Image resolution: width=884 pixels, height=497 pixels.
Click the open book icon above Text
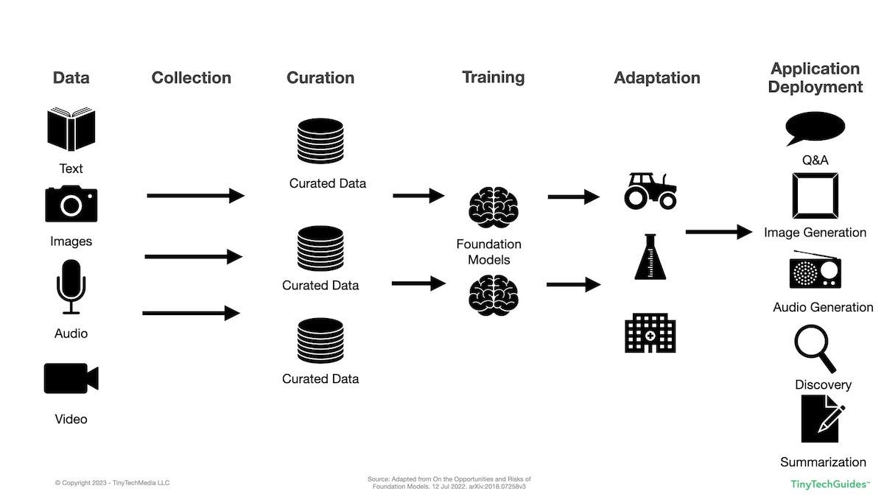[x=71, y=130]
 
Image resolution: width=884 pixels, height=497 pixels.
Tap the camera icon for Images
[x=71, y=203]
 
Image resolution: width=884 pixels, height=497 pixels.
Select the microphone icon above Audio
[x=71, y=286]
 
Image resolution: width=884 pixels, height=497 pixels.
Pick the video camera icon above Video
[x=71, y=378]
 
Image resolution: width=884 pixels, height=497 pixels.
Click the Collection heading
[x=191, y=77]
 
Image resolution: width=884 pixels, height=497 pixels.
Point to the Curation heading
[x=320, y=77]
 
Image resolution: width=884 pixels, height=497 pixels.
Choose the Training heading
[x=493, y=77]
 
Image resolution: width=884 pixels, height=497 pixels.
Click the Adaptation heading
[x=656, y=77]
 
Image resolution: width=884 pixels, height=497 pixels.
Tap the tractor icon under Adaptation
[x=650, y=191]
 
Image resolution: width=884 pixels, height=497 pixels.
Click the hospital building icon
[x=650, y=332]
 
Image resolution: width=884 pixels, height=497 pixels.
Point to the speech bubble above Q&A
[x=814, y=130]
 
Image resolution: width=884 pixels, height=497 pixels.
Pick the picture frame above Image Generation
[x=814, y=196]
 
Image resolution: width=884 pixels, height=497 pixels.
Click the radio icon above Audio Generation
[x=815, y=270]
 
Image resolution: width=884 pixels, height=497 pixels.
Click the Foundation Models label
[x=488, y=252]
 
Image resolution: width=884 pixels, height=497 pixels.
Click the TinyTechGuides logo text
[x=829, y=484]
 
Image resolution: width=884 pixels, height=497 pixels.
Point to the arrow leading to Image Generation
[x=718, y=232]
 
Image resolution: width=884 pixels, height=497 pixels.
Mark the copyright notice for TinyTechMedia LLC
[x=112, y=483]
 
